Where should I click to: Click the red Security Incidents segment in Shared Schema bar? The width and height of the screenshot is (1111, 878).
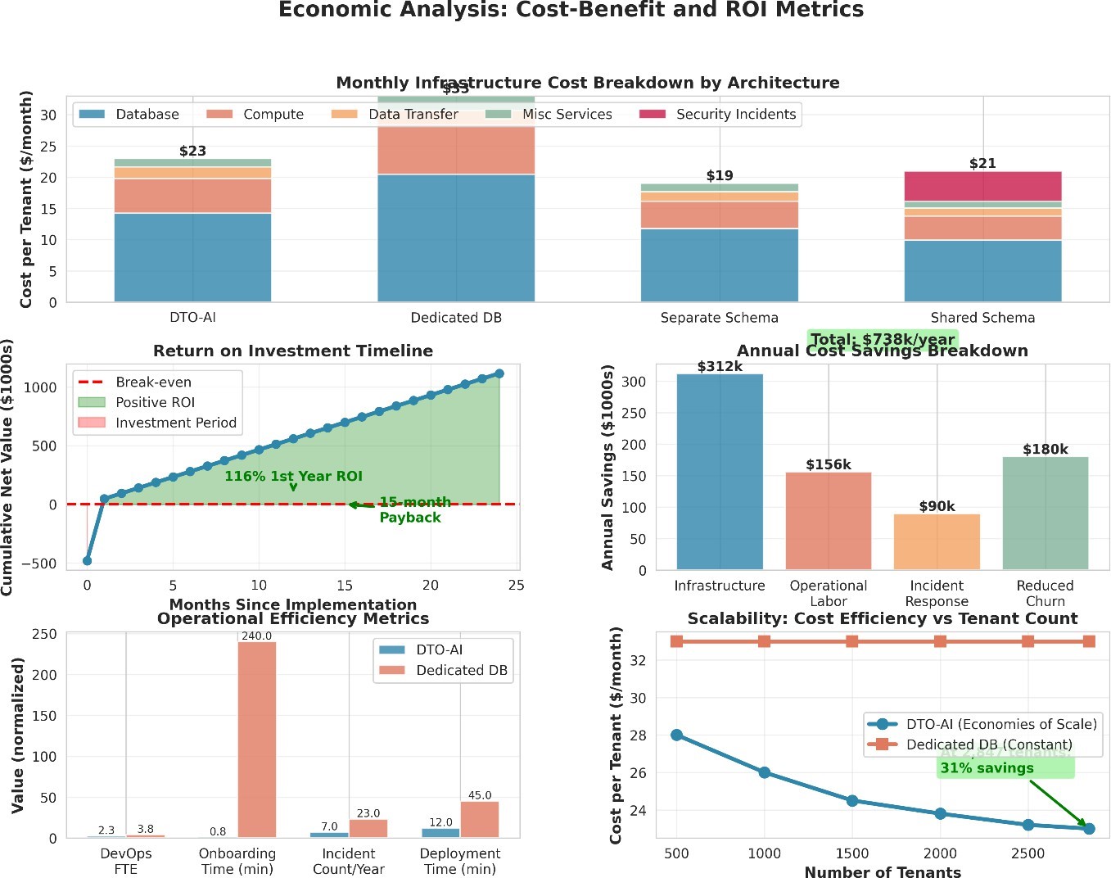(x=982, y=186)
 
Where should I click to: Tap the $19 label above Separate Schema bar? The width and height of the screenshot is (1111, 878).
(x=720, y=175)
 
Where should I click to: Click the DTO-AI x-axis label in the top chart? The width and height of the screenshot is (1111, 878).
(x=192, y=318)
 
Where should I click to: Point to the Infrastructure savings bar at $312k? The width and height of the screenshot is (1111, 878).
(x=720, y=471)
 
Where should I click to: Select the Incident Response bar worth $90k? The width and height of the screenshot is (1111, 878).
(x=937, y=541)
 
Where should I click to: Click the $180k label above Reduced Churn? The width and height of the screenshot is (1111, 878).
(x=1045, y=449)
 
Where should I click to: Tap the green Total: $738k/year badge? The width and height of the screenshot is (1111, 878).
(x=882, y=339)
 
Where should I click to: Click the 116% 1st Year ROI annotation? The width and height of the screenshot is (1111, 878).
(x=293, y=476)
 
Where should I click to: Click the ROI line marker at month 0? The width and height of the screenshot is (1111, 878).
(x=87, y=561)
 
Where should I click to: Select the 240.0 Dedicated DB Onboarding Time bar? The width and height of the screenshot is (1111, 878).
(x=257, y=739)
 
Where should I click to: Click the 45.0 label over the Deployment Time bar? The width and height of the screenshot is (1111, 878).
(x=480, y=795)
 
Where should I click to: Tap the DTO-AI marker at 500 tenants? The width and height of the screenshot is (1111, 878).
(x=676, y=735)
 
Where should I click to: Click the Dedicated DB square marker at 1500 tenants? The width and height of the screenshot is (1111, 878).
(x=852, y=641)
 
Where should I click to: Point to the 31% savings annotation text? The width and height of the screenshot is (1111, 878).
(x=987, y=768)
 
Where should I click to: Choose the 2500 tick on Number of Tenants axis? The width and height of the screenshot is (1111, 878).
(x=1027, y=853)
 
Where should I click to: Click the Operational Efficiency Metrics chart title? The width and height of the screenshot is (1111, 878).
(x=293, y=619)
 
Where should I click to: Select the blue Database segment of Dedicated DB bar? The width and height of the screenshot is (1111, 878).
(x=456, y=238)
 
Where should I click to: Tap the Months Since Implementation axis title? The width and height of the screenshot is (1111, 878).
(x=293, y=604)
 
